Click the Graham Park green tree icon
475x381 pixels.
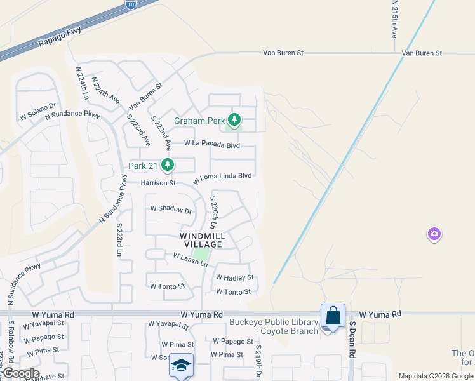pos(235,119)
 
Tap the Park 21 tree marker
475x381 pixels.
pos(168,166)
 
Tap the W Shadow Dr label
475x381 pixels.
pos(171,209)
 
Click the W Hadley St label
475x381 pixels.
pos(234,277)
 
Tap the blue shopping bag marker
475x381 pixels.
pos(333,316)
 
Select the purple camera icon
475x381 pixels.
pos(434,234)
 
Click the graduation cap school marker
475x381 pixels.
pos(181,366)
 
